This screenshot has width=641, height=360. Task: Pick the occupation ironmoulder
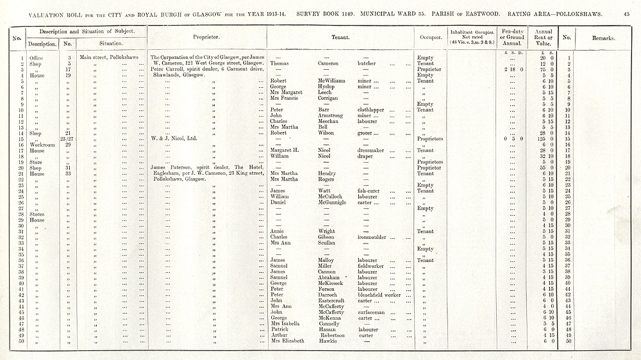click(x=375, y=237)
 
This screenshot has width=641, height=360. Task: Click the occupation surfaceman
click(x=374, y=312)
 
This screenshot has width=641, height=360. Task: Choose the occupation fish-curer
click(x=370, y=191)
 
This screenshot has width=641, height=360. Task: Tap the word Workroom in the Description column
click(x=42, y=144)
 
